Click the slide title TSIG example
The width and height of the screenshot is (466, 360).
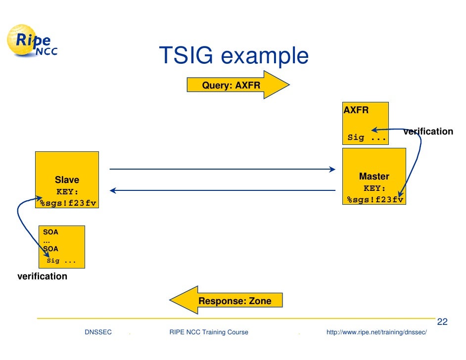(x=233, y=56)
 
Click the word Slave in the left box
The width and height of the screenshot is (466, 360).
(x=67, y=180)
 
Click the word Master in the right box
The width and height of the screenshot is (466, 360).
(x=374, y=177)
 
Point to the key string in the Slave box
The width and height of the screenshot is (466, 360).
(x=68, y=202)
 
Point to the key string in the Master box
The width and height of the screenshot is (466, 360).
(x=375, y=199)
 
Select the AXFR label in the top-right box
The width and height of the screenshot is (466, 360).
(x=356, y=110)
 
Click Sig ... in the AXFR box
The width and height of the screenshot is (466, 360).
(x=367, y=137)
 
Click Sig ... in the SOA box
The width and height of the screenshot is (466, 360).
(x=61, y=261)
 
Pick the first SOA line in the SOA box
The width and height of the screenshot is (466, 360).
(x=50, y=231)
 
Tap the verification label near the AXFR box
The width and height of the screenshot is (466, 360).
(x=428, y=132)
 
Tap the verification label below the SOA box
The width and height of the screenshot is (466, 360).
(x=42, y=276)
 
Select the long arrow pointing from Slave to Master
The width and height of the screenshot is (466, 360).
(x=222, y=170)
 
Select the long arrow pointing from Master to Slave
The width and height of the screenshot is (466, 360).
(x=222, y=190)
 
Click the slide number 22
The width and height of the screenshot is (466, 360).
(x=442, y=322)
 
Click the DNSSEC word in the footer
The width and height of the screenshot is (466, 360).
(x=98, y=332)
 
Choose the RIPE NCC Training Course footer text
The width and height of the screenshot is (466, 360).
(x=208, y=332)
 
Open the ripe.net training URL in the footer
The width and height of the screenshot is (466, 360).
(x=376, y=332)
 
